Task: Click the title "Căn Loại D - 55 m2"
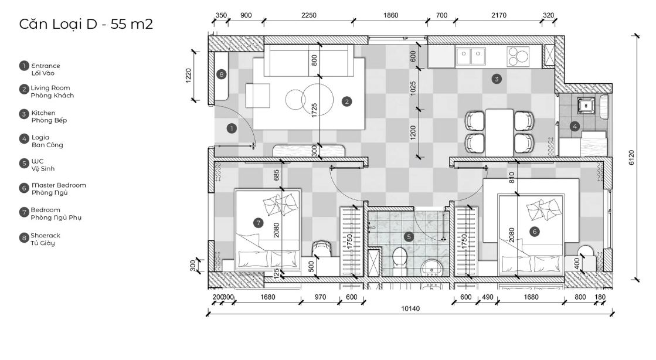click(x=86, y=24)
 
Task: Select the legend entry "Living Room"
click(x=50, y=88)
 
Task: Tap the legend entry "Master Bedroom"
click(x=59, y=185)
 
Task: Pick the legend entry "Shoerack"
click(x=45, y=236)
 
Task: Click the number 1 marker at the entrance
click(x=232, y=128)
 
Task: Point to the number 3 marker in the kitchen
click(x=497, y=79)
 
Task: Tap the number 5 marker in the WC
click(x=409, y=237)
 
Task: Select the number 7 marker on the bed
click(x=258, y=223)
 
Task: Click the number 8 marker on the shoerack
click(x=222, y=74)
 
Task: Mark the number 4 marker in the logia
click(x=575, y=126)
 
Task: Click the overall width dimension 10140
click(x=410, y=309)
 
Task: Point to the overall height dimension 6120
click(x=632, y=157)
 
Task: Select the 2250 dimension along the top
click(x=309, y=15)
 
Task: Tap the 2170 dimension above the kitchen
click(x=499, y=15)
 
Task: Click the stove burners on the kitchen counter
click(x=518, y=56)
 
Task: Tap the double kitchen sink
click(x=471, y=56)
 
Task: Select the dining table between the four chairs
click(x=499, y=132)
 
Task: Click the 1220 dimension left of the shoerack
click(x=188, y=76)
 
